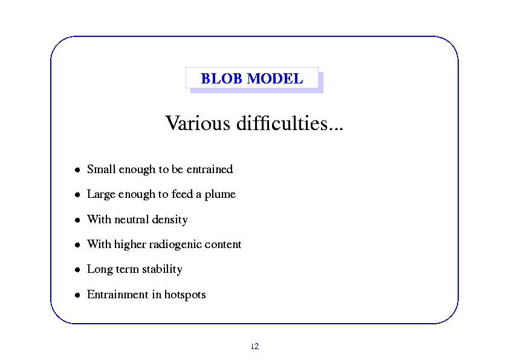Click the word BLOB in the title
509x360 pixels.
(221, 79)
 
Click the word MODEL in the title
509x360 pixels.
(275, 79)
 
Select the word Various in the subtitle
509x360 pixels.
(198, 123)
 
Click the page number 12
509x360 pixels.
(255, 346)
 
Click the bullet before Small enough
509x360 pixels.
(77, 169)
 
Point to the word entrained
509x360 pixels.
(210, 169)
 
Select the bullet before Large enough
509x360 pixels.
(77, 195)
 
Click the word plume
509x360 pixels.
(220, 195)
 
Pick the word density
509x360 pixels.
(170, 220)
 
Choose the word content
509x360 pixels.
(222, 244)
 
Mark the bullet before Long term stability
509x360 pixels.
(77, 270)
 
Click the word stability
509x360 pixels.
(162, 269)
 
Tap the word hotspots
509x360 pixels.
(185, 295)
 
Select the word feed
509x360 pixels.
(182, 194)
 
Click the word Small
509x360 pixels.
(102, 169)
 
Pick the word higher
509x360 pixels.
(130, 244)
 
